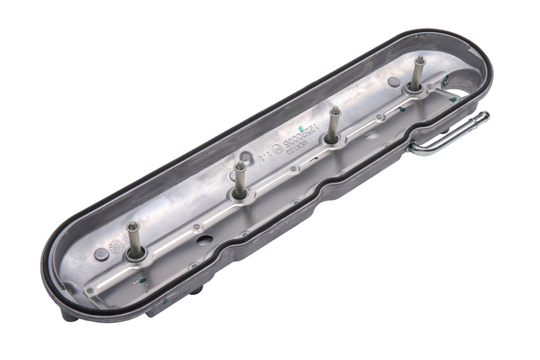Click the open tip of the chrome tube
coord(484,116)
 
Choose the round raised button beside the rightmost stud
coord(393,82)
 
